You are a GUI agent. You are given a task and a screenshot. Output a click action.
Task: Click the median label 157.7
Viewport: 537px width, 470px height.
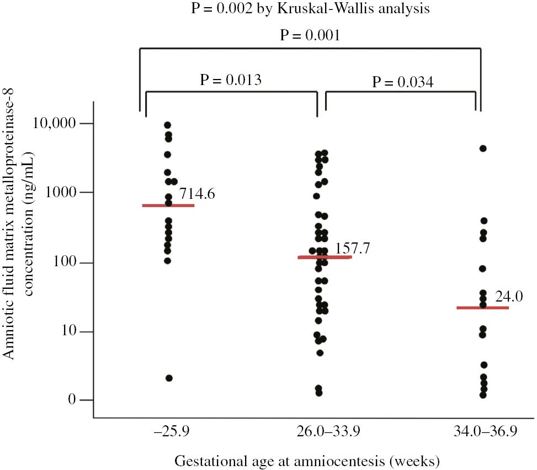[x=351, y=247]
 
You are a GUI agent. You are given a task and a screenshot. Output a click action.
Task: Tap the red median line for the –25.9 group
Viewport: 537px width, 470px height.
[x=168, y=205]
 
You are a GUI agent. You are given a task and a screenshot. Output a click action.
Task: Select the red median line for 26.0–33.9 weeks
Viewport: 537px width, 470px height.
[x=325, y=257]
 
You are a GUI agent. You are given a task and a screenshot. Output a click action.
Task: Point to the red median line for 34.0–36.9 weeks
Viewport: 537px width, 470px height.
[x=483, y=308]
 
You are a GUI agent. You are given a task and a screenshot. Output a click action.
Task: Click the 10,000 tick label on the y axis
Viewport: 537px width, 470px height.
[x=56, y=124]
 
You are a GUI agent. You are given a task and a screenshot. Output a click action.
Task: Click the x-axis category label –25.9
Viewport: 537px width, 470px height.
[x=168, y=431]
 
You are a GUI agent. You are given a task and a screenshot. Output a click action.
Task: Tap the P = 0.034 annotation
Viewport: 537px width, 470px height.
[x=401, y=82]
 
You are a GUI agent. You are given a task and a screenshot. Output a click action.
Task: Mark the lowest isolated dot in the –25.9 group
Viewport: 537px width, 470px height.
[x=169, y=378]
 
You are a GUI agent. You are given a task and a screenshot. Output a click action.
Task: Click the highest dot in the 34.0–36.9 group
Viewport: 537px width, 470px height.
[x=483, y=149]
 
